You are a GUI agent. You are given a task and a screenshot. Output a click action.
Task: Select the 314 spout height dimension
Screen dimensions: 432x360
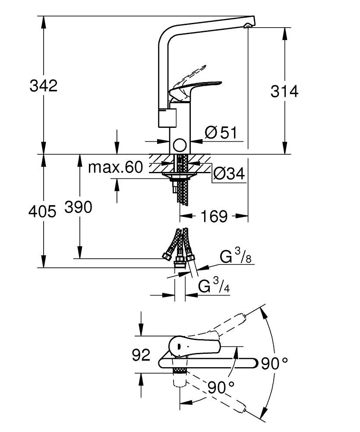coord(284,91)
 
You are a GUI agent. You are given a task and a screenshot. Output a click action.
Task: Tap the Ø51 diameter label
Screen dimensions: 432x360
coord(221,133)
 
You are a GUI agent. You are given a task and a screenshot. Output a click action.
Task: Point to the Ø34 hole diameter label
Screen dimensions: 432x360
coord(229,174)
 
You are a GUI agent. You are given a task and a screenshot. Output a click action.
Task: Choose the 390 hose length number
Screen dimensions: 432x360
coord(78,208)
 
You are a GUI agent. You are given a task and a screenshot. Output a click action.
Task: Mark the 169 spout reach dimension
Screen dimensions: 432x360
coord(215,216)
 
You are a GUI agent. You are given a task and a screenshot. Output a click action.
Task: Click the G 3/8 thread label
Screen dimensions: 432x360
coord(236,257)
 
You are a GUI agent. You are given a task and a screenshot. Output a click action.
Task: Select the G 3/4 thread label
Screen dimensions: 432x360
coord(214,286)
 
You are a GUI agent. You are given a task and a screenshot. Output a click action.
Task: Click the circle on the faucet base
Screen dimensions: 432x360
coord(179,146)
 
